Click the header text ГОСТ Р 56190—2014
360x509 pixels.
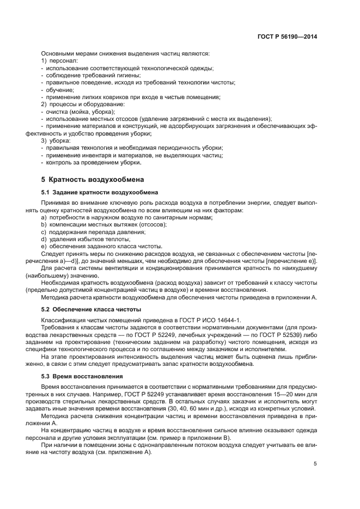287,37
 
